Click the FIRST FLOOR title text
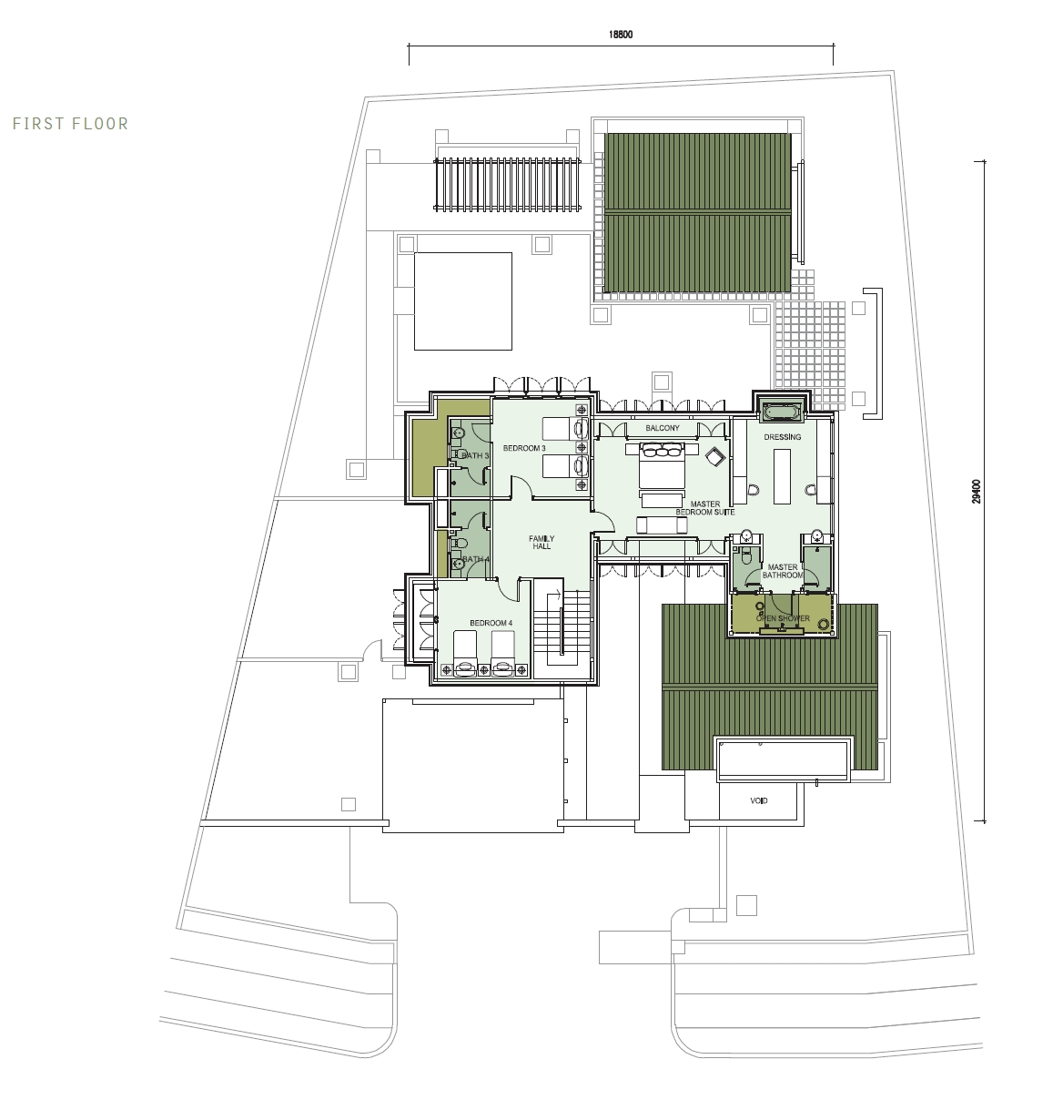[x=71, y=124]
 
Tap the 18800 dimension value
[x=620, y=35]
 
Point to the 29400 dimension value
[x=976, y=491]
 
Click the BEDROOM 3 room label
[x=524, y=448]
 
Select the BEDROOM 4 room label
[x=491, y=623]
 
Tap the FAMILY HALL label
[x=542, y=543]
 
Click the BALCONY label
[x=663, y=428]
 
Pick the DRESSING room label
[x=783, y=437]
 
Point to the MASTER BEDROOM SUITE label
[x=705, y=508]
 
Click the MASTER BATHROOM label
[x=783, y=571]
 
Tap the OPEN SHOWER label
[x=783, y=618]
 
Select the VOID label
[x=758, y=801]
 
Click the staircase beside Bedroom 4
[x=563, y=627]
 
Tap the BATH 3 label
[x=475, y=455]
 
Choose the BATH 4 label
[x=476, y=560]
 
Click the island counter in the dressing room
[x=783, y=476]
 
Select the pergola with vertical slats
[x=507, y=185]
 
